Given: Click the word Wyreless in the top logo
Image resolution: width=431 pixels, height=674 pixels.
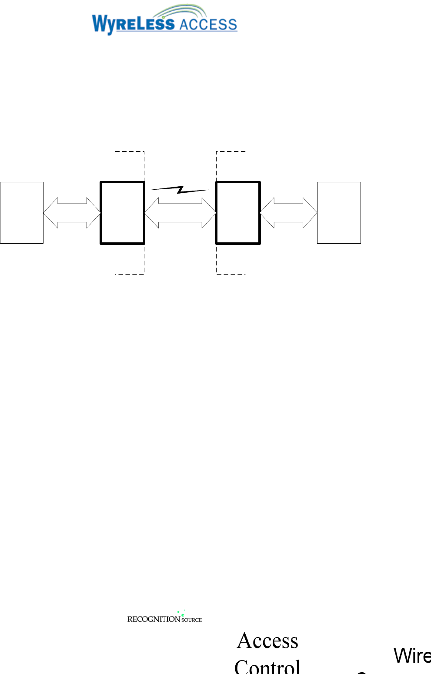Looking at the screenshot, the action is pos(133,24).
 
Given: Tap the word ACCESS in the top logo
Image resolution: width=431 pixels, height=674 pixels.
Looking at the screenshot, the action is pos(208,25).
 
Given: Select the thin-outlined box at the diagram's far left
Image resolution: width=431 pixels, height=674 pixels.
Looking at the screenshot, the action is pos(22,213).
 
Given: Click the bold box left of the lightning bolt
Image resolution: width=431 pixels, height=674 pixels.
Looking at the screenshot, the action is pos(122,213).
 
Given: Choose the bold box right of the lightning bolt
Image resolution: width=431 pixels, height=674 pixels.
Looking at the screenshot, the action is pos(238,213).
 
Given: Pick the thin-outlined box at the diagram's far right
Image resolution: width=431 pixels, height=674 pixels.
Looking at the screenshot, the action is pos(339,213).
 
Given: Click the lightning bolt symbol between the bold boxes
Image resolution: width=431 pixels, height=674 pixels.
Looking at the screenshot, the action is pos(180,189).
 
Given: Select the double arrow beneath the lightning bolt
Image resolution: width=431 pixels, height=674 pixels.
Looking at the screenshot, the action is pos(180,213).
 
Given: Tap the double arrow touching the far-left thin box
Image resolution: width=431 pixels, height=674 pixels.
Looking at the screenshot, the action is pos(72,213).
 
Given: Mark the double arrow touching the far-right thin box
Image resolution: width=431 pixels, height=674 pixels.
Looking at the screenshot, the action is pos(288,213).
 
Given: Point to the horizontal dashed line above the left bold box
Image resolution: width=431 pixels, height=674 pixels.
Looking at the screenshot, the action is pos(129,151).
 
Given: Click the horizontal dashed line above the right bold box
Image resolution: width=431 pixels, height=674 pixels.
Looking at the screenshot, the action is pos(231,151).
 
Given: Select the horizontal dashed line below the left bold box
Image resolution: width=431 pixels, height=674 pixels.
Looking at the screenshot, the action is pos(129,274).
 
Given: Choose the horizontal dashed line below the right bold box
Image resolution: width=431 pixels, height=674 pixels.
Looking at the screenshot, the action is pos(231,274).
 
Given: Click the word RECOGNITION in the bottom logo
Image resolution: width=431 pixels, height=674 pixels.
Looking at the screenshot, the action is pos(154,619).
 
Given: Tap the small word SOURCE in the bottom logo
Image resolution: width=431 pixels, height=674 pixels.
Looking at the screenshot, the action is pos(192,620).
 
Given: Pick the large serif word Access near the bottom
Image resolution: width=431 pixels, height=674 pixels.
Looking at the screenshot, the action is pos(268,641).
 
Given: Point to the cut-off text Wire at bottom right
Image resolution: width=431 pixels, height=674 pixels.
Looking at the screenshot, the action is pos(411,656).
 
